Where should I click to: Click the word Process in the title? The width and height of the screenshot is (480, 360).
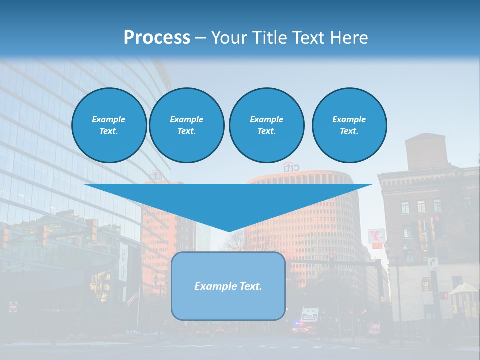[x=157, y=38]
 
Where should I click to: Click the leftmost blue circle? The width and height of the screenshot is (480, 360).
[x=109, y=125]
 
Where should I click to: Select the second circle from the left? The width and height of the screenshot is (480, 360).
[x=186, y=125]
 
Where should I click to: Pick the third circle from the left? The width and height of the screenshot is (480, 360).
[x=266, y=125]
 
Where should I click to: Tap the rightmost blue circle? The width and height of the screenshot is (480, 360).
[x=349, y=125]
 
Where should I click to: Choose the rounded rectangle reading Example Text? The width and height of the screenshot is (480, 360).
[x=228, y=286]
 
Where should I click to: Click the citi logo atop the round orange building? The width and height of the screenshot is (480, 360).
[x=292, y=167]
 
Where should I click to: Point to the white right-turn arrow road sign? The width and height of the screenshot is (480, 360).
[x=432, y=264]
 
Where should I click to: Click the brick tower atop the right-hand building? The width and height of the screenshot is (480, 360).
[x=426, y=151]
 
